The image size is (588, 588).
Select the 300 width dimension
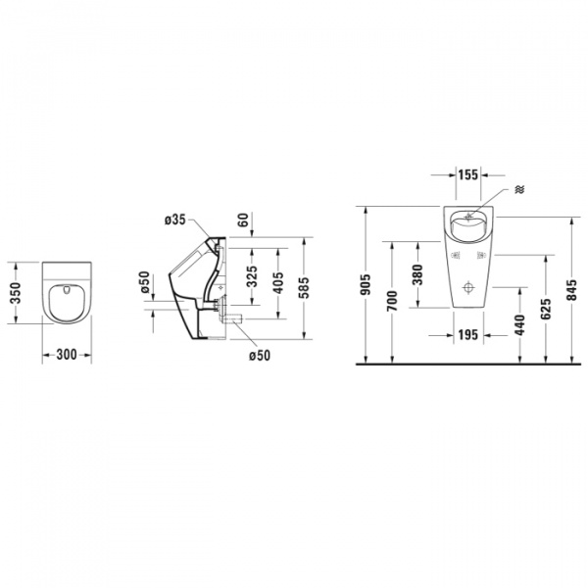click(67, 356)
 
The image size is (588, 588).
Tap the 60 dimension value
click(243, 220)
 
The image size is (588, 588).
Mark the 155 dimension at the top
click(467, 174)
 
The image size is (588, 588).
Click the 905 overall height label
click(366, 284)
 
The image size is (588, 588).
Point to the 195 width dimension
click(467, 335)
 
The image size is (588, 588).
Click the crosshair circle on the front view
click(468, 289)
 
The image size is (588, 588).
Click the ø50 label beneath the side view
click(259, 355)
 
